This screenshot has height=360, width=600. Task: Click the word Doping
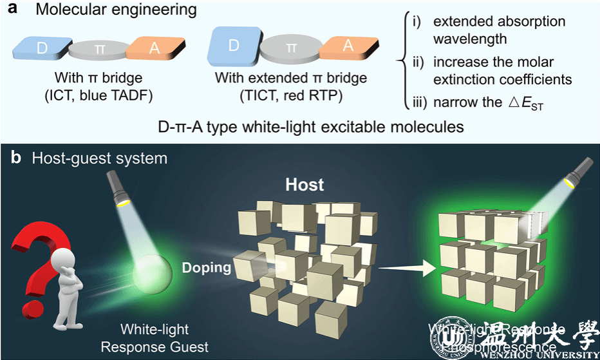(205, 267)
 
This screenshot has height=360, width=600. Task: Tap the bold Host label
(305, 185)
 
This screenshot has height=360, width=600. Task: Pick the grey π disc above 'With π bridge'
(98, 50)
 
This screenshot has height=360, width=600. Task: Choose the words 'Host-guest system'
(100, 158)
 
